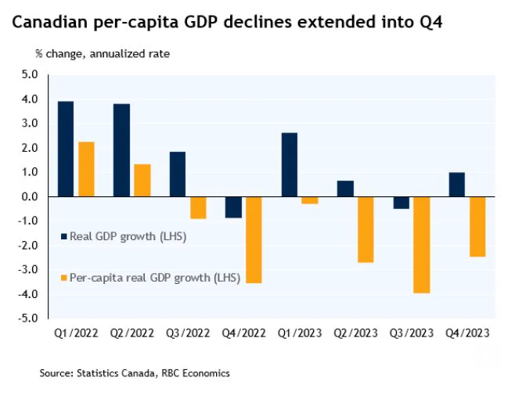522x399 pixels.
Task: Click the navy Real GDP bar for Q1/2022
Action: coord(66,149)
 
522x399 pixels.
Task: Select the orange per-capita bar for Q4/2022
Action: coord(254,240)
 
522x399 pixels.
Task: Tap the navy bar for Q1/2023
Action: coord(290,165)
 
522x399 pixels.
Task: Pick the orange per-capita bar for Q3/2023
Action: coord(422,245)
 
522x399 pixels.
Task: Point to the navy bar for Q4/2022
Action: coord(233,207)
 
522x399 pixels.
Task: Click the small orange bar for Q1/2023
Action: coord(310,200)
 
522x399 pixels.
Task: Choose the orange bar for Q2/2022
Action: coord(142,181)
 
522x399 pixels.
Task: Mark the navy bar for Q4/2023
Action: coord(457,185)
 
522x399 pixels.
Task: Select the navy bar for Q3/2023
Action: coord(401,203)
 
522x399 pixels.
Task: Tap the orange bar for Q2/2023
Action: coord(365,229)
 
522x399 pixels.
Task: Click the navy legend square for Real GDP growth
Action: coord(64,236)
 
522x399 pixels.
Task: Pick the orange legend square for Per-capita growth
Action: coord(64,278)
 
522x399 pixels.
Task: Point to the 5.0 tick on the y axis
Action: coord(30,74)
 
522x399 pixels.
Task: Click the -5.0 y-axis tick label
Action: coord(28,318)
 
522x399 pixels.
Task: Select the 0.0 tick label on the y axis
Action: coord(30,196)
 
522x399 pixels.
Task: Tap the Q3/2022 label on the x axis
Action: coord(188,333)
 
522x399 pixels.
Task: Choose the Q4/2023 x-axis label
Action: coord(467,333)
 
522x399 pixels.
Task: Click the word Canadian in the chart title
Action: coord(50,22)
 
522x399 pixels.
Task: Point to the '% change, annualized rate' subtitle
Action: coord(103,54)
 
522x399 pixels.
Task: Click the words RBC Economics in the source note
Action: coord(196,373)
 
